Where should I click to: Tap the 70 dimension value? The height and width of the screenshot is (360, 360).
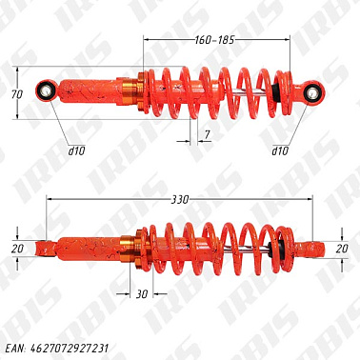(x=17, y=94)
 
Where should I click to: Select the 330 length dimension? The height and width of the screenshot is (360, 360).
(x=180, y=200)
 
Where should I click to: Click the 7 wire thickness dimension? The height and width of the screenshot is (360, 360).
(x=207, y=135)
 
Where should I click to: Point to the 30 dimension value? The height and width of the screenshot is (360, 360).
(x=142, y=294)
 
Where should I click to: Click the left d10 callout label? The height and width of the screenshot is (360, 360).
(x=77, y=150)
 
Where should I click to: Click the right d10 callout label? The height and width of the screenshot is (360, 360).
(x=280, y=150)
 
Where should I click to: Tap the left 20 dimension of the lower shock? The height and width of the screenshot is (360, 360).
(x=17, y=249)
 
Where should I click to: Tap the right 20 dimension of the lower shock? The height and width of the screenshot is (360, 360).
(x=342, y=249)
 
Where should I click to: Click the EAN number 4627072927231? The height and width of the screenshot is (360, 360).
(x=70, y=349)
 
